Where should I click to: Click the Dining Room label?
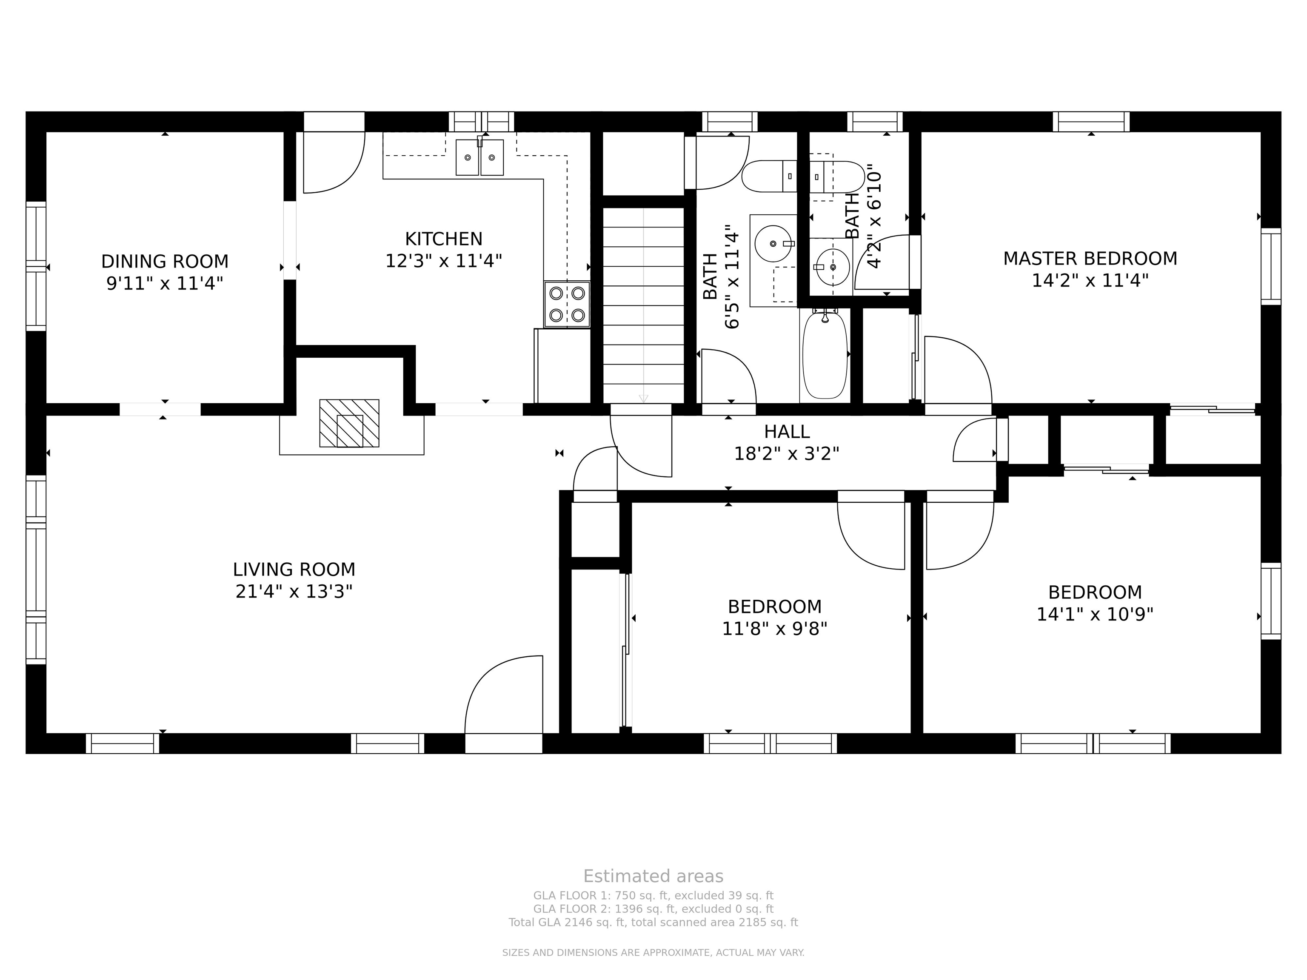(x=165, y=261)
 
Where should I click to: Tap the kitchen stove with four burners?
(x=567, y=304)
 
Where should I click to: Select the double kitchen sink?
(x=479, y=157)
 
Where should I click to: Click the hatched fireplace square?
(x=349, y=423)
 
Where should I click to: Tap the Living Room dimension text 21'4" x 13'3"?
(x=294, y=591)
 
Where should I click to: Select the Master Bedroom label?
(x=1090, y=258)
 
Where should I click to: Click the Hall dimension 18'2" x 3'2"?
(x=786, y=454)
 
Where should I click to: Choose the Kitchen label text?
(x=444, y=239)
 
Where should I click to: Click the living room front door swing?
(x=503, y=695)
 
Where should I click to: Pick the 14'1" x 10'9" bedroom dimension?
(x=1095, y=614)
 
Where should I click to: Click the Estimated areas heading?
(x=653, y=876)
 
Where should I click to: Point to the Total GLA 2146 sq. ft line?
(x=653, y=922)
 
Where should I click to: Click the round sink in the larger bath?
(x=773, y=243)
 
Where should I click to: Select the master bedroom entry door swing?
(x=958, y=370)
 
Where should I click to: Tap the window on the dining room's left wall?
(x=36, y=266)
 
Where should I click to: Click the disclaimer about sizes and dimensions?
(x=653, y=952)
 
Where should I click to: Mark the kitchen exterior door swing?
(x=334, y=162)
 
